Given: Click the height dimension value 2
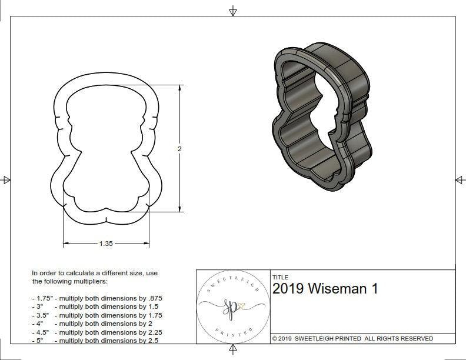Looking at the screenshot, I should [179, 149].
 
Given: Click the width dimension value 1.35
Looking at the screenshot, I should [106, 244].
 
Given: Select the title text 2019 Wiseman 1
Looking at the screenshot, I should [325, 289].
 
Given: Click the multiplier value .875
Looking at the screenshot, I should [154, 298].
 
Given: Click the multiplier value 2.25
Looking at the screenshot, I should [154, 332].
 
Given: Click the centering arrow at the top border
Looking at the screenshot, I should [233, 11].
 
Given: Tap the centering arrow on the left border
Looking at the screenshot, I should [6, 180].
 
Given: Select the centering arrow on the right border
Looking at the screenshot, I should [460, 180].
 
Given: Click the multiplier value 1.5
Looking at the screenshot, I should [152, 306].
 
